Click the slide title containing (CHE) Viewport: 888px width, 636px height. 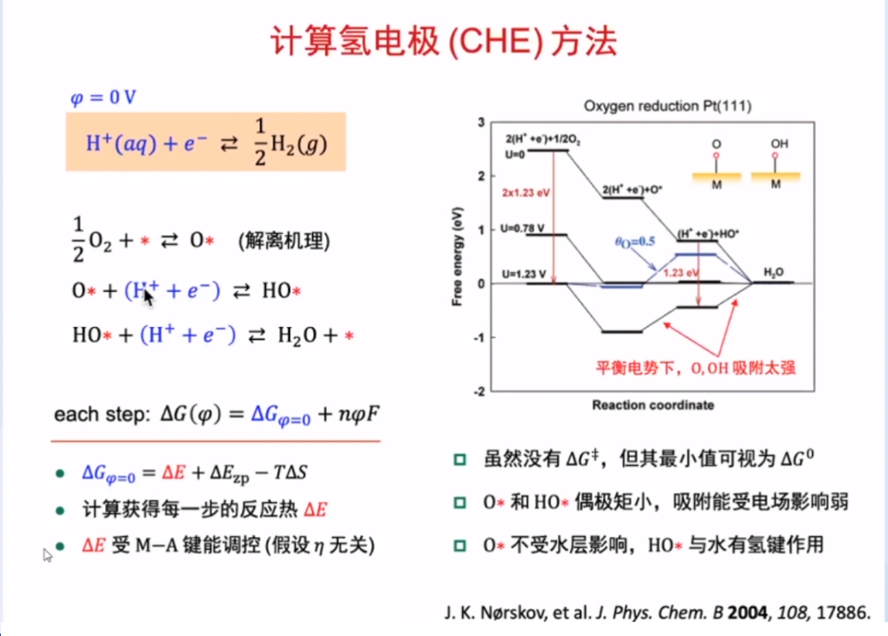point(444,41)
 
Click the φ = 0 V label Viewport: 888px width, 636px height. point(103,97)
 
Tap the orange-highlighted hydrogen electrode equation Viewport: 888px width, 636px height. point(206,141)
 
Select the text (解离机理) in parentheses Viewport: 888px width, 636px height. point(284,240)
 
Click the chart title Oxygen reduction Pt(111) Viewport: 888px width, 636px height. point(668,106)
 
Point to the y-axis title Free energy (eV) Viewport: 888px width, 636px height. point(457,257)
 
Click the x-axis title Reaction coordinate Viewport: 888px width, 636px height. point(653,405)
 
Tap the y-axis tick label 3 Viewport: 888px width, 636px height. point(481,122)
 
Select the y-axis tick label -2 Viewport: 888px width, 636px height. point(479,391)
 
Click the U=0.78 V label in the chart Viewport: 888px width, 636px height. point(522,228)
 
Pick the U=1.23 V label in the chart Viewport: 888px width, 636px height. point(524,274)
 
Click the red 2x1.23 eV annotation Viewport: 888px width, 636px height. point(526,192)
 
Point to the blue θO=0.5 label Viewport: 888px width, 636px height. point(635,242)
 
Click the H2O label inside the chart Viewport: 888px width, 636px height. point(774,273)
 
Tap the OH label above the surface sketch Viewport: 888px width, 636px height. point(779,144)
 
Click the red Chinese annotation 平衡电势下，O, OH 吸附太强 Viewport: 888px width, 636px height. point(696,368)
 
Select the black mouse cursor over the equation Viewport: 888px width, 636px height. point(148,296)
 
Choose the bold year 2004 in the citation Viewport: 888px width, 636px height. point(747,612)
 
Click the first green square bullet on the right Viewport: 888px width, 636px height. point(460,459)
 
